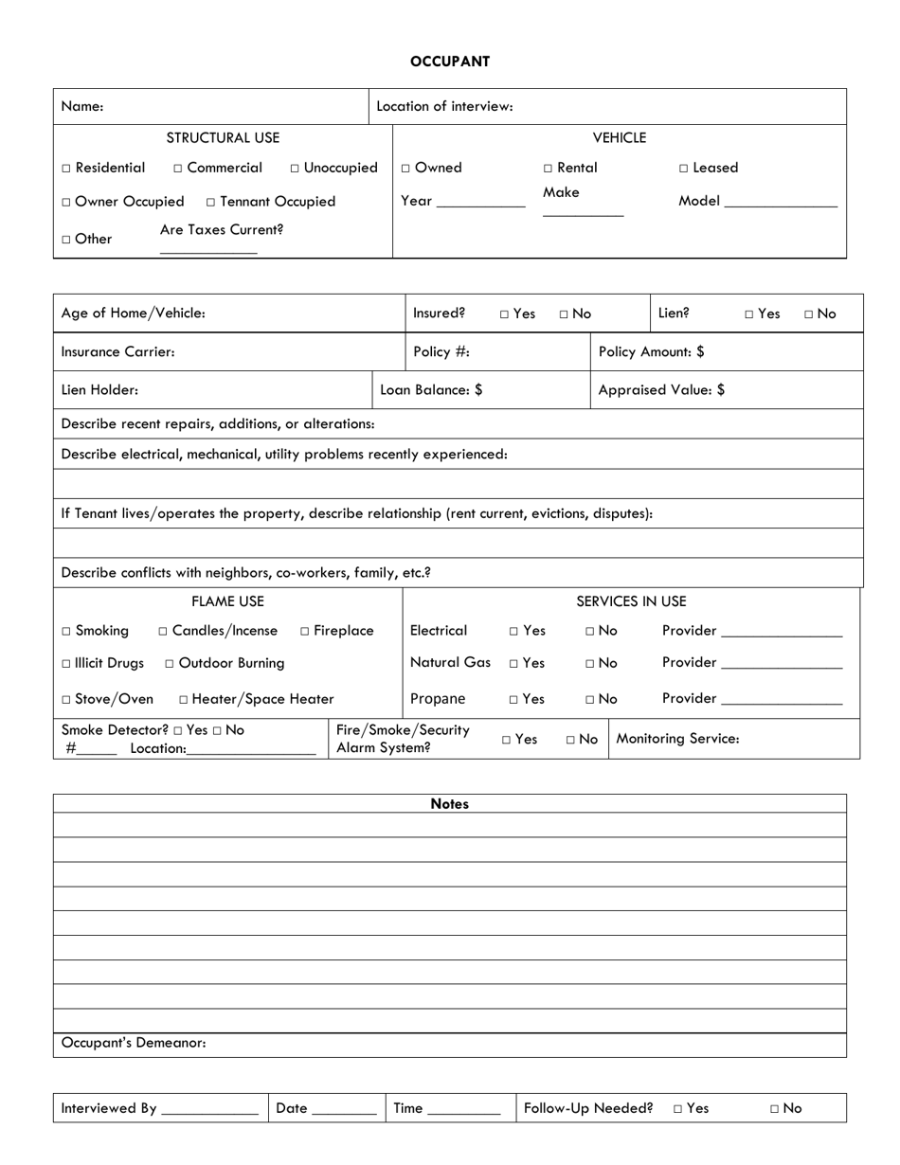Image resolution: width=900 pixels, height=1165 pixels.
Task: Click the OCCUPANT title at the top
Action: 450,62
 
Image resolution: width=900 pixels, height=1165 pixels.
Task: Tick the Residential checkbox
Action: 66,169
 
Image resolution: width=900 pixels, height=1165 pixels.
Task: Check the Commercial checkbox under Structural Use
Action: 178,169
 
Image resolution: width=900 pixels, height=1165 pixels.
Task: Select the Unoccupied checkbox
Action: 296,169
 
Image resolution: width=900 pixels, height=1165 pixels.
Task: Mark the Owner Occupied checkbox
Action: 66,203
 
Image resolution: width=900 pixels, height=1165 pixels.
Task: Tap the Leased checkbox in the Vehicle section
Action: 684,169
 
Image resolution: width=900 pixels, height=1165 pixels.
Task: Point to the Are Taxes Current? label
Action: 222,229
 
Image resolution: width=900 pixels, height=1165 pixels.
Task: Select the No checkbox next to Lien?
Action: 809,314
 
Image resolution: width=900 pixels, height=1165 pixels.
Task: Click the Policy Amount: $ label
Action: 652,351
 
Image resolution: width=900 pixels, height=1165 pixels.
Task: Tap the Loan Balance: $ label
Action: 432,389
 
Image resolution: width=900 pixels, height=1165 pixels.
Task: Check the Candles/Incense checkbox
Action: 164,632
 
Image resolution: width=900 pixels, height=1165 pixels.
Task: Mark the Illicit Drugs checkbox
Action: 66,664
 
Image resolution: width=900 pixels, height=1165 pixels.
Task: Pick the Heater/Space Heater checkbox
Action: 183,700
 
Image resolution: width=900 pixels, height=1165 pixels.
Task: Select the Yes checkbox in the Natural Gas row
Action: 513,664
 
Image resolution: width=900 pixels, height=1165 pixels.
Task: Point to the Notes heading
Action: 449,803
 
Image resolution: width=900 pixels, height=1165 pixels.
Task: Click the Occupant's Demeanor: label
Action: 134,1043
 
